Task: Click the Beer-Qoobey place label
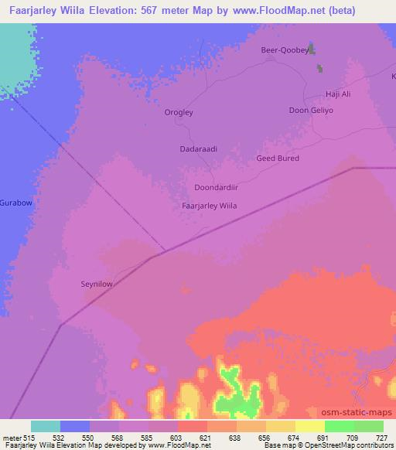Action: pos(285,49)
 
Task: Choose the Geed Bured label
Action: pos(277,159)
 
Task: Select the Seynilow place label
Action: pos(97,284)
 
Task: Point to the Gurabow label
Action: pos(15,202)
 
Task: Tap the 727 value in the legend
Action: pos(383,438)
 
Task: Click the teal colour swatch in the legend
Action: pos(46,426)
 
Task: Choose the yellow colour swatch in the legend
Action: pos(310,426)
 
